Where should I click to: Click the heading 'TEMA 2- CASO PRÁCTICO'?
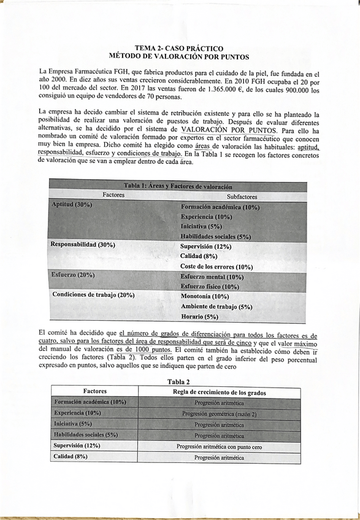pyautogui.click(x=178, y=48)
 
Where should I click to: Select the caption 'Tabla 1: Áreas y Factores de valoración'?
pyautogui.click(x=178, y=186)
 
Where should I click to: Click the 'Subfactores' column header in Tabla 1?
pyautogui.click(x=242, y=197)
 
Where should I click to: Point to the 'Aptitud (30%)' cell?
pyautogui.click(x=72, y=205)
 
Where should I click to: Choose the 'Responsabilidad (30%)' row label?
pyautogui.click(x=83, y=245)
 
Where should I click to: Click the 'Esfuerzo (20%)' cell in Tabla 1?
pyautogui.click(x=74, y=275)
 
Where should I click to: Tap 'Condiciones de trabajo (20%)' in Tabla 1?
pyautogui.click(x=93, y=295)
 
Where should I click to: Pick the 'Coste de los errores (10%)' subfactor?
pyautogui.click(x=216, y=266)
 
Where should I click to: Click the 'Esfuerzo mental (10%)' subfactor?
pyautogui.click(x=212, y=277)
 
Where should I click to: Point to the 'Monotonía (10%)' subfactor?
pyautogui.click(x=205, y=296)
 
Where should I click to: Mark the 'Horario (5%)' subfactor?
pyautogui.click(x=199, y=316)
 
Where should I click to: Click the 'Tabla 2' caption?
pyautogui.click(x=178, y=381)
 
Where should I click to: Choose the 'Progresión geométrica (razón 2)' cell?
pyautogui.click(x=219, y=413)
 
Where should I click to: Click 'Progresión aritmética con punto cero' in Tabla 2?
pyautogui.click(x=219, y=446)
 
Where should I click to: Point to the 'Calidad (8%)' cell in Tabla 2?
pyautogui.click(x=71, y=457)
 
